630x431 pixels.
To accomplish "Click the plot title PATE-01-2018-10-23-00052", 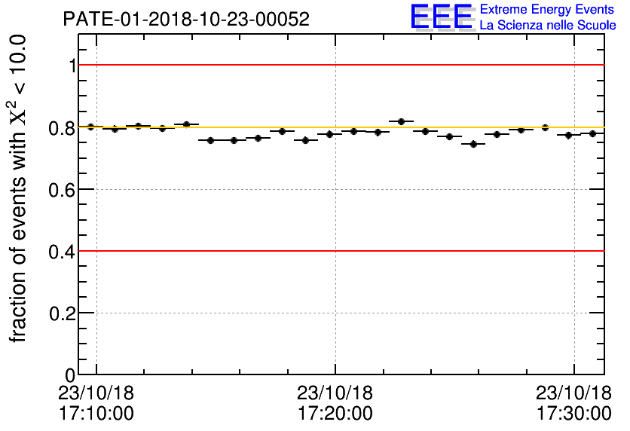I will (x=185, y=20).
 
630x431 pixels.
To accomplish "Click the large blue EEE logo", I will (x=442, y=17).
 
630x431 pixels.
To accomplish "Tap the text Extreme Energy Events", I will (x=548, y=10).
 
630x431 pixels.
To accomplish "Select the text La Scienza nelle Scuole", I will (x=548, y=26).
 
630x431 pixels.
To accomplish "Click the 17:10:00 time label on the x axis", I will (x=96, y=413).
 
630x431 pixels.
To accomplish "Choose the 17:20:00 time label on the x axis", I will (x=335, y=413).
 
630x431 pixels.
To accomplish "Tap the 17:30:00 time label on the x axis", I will (x=574, y=413).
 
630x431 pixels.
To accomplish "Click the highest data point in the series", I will (x=402, y=121).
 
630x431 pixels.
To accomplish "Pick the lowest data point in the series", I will (x=473, y=144).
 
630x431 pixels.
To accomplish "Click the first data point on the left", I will (x=90, y=127).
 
